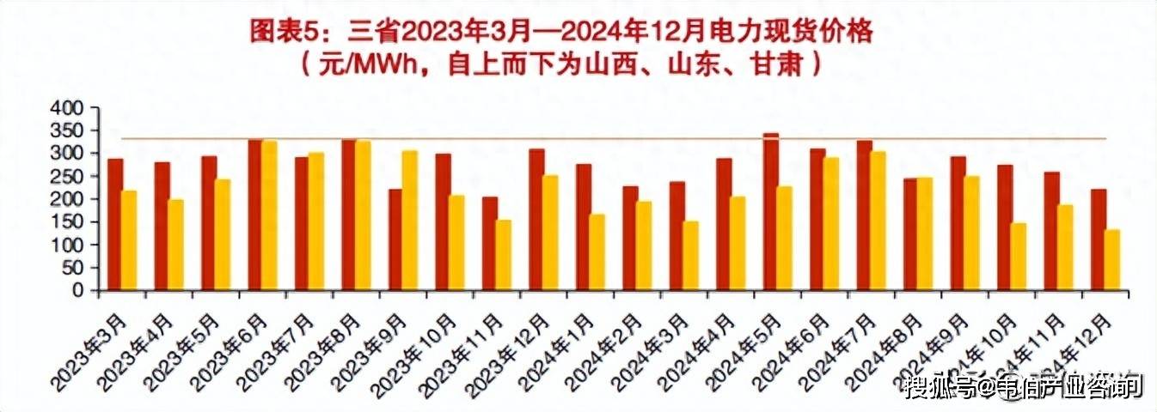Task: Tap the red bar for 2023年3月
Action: click(x=115, y=225)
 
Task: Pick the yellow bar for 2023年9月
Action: click(x=411, y=221)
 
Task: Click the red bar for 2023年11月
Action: click(x=490, y=244)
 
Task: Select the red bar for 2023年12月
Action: click(x=536, y=220)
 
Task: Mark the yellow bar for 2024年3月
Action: click(x=691, y=256)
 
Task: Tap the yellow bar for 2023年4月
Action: click(x=176, y=245)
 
